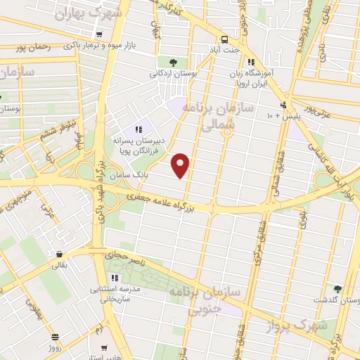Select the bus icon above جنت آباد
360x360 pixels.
[224, 39]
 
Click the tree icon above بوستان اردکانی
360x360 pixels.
[174, 63]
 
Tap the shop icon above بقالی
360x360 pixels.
[59, 255]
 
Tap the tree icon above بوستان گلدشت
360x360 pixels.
[337, 289]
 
